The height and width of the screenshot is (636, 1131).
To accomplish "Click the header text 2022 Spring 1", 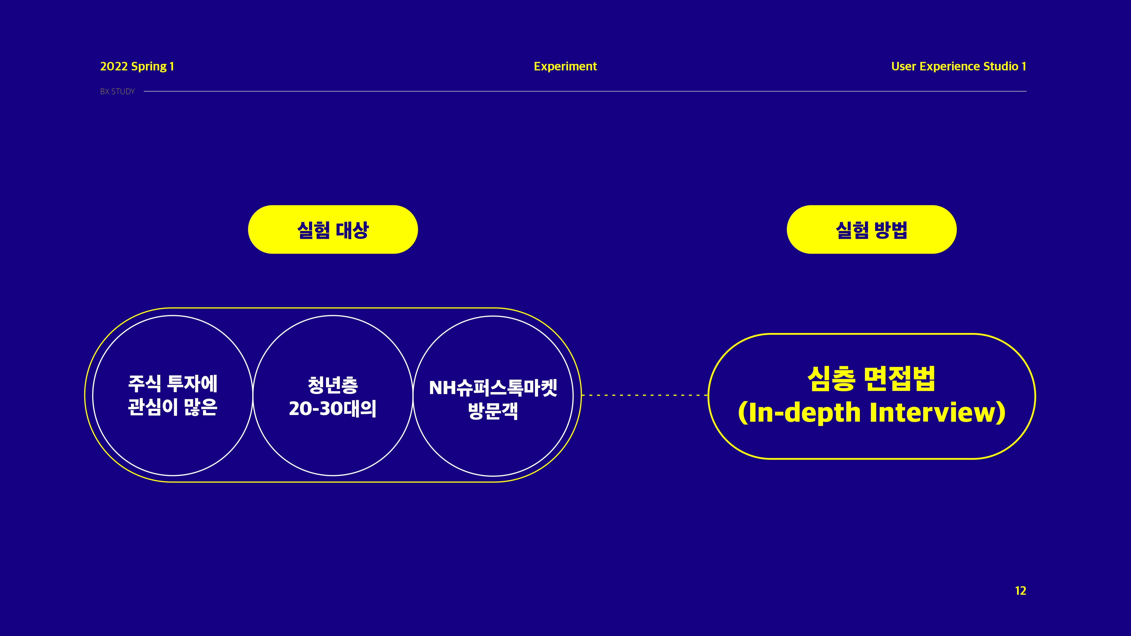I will [137, 66].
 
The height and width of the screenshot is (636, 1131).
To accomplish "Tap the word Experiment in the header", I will [565, 66].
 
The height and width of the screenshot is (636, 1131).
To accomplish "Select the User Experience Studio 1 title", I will [959, 66].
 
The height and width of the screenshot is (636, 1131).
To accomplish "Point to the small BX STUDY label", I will [117, 91].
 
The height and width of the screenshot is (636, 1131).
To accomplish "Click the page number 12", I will [1020, 591].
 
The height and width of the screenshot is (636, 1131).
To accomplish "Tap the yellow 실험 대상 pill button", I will [333, 230].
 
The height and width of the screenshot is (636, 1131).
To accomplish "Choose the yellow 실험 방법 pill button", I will [871, 230].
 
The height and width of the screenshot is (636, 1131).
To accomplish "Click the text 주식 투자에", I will [172, 384].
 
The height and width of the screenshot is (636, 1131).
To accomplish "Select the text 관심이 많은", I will [172, 407].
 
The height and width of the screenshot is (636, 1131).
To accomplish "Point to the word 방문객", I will [493, 411].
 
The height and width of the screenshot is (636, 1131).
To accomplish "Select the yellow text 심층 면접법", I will [871, 379].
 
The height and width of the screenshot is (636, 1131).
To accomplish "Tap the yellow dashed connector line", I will [645, 395].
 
